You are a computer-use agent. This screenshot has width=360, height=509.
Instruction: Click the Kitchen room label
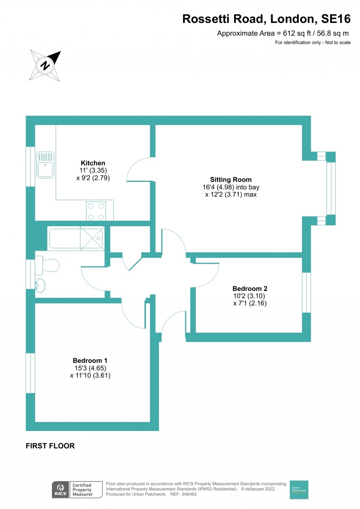[93, 163]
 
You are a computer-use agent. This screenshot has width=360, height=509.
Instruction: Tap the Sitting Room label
[231, 180]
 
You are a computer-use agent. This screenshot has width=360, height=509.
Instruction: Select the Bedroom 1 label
[90, 361]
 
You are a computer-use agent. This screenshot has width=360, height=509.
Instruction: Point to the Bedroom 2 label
[250, 289]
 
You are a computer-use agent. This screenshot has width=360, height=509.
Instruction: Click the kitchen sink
[45, 165]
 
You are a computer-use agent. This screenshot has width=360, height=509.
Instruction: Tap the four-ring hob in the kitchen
[96, 211]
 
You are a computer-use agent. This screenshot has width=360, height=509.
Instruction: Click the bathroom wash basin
[40, 285]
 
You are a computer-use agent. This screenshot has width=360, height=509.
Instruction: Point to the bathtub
[76, 238]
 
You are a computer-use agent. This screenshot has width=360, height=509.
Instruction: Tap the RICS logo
[60, 489]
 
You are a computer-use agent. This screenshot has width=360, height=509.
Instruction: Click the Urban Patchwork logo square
[299, 489]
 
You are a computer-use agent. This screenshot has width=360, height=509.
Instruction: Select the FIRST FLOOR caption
[50, 446]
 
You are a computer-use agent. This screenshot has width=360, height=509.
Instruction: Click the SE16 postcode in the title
[336, 19]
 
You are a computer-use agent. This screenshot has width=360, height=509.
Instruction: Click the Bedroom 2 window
[307, 292]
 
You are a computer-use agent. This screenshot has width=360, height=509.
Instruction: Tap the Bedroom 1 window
[31, 373]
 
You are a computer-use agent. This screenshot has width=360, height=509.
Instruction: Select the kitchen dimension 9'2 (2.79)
[93, 178]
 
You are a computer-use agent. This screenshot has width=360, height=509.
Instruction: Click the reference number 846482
[189, 494]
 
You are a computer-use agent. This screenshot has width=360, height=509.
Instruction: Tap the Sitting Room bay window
[331, 188]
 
